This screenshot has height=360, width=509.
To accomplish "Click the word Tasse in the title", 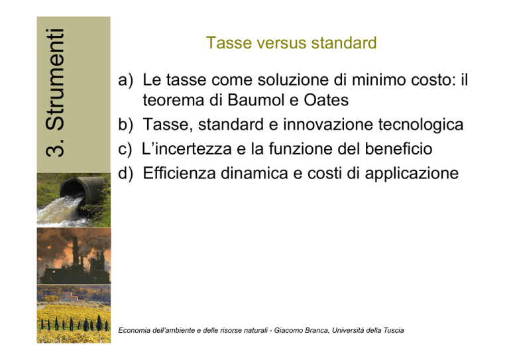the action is (229, 43).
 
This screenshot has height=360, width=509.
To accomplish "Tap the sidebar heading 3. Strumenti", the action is (55, 93).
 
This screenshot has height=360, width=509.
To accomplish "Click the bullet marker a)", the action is (126, 80).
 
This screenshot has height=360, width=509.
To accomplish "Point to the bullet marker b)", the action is (126, 125).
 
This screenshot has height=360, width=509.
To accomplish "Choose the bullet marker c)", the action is (125, 149).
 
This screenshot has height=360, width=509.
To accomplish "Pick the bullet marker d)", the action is (126, 173).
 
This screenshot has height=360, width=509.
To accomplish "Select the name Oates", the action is (326, 99).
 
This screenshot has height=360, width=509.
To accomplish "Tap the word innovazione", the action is (328, 125).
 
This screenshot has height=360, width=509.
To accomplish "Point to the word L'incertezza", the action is (187, 149).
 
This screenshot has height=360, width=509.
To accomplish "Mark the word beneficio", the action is (398, 149).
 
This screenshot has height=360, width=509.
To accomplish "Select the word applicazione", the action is (412, 174).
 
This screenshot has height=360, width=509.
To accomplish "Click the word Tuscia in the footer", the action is (394, 330).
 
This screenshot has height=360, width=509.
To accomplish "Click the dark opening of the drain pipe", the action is (73, 188).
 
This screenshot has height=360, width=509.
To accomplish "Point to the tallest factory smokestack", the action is (75, 251).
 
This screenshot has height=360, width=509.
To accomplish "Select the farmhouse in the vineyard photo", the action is (69, 297).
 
